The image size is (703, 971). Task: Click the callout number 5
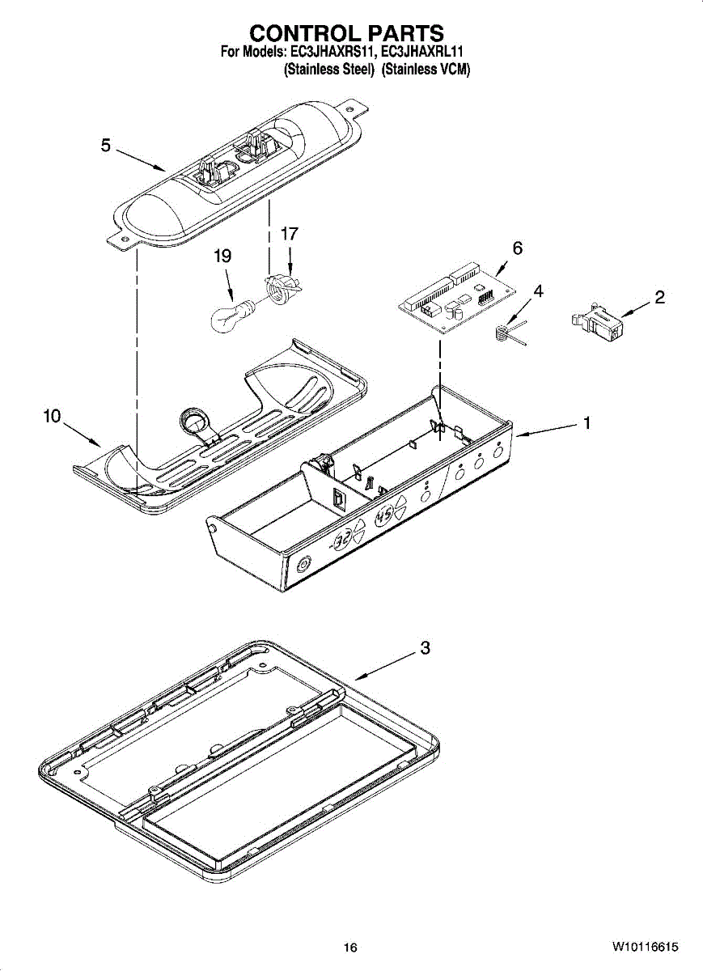point(106,146)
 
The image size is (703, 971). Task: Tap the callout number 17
point(289,234)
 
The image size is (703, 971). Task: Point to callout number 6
point(518,248)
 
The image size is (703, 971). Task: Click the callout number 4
point(538,290)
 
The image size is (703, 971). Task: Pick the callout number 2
point(659,297)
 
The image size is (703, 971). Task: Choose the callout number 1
point(587,422)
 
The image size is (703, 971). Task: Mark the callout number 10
point(52,416)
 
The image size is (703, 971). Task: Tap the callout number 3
point(425,648)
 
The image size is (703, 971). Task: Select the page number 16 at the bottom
point(349,948)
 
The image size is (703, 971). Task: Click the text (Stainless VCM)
point(426,70)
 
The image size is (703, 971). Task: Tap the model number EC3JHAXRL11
point(422,53)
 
